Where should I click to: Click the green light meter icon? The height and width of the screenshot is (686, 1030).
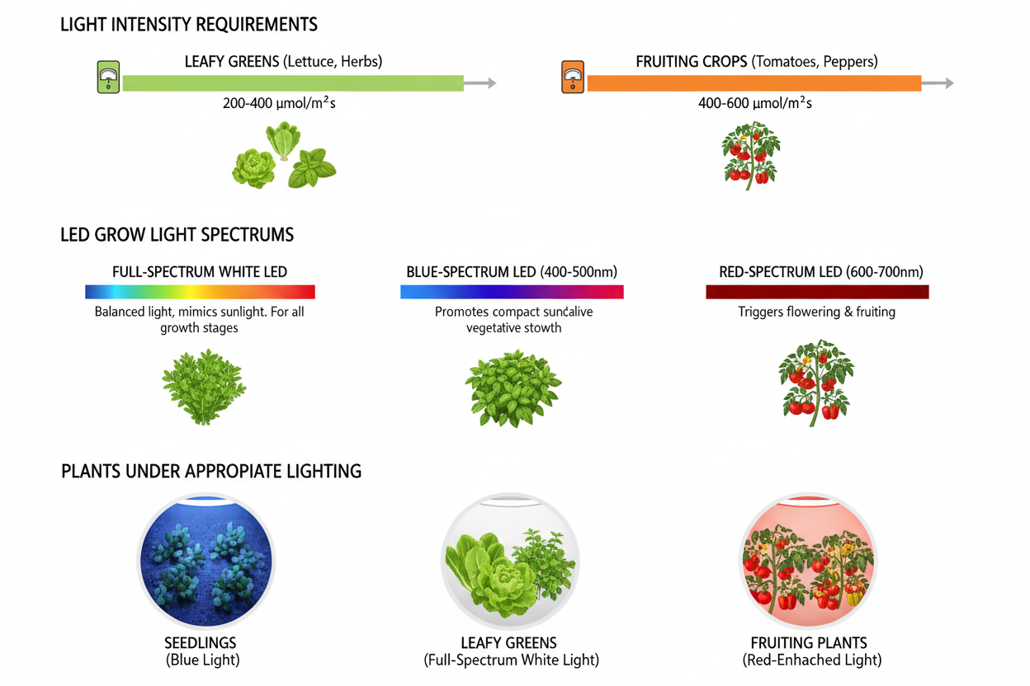point(108,78)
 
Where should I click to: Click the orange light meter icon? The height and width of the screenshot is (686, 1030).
point(572,78)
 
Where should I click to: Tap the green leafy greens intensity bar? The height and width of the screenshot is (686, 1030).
point(293,82)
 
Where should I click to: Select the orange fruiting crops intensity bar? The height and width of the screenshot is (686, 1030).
point(754,82)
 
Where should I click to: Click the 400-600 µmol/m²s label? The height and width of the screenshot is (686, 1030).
point(754,104)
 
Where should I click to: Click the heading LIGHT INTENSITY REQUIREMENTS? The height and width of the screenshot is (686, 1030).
point(189,25)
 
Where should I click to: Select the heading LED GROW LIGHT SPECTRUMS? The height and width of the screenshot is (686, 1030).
point(177,235)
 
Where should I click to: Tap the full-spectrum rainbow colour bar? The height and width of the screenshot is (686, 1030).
point(200,291)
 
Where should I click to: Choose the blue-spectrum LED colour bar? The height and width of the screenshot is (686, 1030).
point(512,291)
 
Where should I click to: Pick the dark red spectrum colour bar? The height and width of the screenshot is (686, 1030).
point(817,291)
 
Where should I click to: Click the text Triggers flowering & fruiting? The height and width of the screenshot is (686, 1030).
point(816,312)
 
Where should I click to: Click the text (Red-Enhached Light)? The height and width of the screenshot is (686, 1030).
point(811,660)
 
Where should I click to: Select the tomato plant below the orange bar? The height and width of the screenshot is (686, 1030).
point(749,154)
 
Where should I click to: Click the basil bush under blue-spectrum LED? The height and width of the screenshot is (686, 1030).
point(513,388)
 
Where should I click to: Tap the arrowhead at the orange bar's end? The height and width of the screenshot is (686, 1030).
point(948,82)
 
